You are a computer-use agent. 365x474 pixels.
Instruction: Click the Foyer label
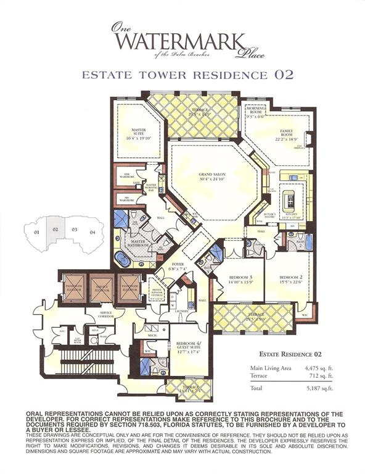tap(179, 267)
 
